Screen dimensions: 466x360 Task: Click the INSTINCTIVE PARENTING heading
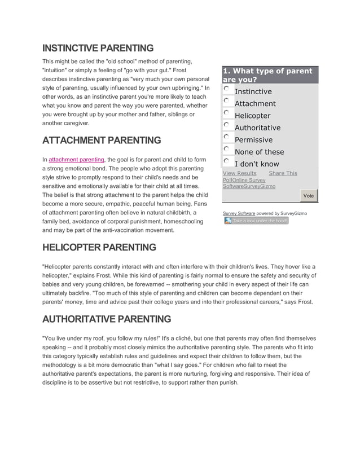point(98,49)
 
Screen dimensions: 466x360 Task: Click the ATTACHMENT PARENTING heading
point(102,140)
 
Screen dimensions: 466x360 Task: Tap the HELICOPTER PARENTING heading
point(99,248)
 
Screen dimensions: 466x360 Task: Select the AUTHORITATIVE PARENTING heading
point(107,319)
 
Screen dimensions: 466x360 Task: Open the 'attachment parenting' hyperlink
point(76,160)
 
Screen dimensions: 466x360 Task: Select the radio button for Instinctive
point(226,89)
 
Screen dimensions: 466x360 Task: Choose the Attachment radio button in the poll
point(226,100)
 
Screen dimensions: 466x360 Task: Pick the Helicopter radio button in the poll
point(226,113)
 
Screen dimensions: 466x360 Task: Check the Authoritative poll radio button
point(226,125)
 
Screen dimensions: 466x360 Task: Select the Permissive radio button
point(226,137)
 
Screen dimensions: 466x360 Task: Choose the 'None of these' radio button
point(226,149)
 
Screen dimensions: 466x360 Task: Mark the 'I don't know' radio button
point(226,161)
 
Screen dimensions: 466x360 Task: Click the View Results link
point(239,173)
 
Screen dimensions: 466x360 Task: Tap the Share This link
point(283,173)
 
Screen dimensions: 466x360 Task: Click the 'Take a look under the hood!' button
point(256,221)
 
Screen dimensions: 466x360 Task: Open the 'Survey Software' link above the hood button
point(239,213)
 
